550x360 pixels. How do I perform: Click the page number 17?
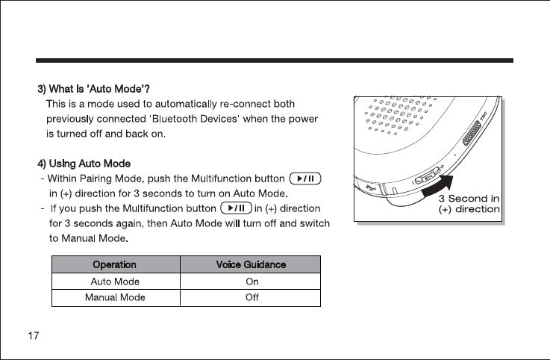[x=34, y=335]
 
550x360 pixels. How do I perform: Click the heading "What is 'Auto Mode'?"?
[x=96, y=90]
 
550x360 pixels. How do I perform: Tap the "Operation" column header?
[x=114, y=264]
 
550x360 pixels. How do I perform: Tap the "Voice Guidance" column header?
[x=251, y=264]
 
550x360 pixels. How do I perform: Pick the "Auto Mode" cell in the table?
[x=115, y=282]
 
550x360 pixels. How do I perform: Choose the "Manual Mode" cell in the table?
[x=115, y=297]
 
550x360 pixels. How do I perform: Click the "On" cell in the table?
[x=251, y=282]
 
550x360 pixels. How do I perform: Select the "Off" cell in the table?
[x=251, y=297]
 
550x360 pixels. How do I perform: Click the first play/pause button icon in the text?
[x=304, y=178]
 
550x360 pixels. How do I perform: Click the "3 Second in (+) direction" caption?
[x=469, y=203]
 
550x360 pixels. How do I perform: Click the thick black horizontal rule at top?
[x=275, y=60]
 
